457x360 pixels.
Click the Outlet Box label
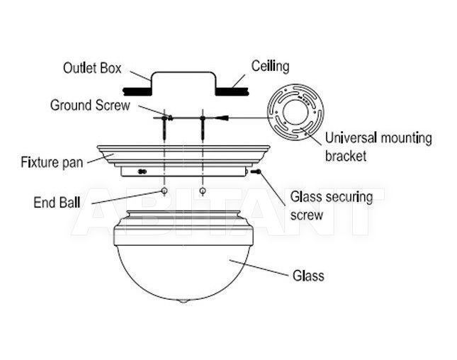pos(92,68)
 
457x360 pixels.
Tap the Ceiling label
pos(271,66)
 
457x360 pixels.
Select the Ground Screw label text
pos(90,105)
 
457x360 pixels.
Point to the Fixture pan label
pos(52,162)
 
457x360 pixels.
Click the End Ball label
pos(57,202)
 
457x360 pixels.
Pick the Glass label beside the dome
pos(308,276)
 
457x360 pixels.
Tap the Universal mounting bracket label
pos(378,147)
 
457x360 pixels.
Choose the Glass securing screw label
pos(332,206)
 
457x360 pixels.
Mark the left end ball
pos(164,191)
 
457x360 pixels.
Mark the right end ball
pos(203,191)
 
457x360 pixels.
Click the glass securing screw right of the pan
pos(256,171)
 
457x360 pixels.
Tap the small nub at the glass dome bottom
pos(183,301)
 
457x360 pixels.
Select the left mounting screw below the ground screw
pos(164,128)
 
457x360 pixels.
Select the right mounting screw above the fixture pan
pos(203,128)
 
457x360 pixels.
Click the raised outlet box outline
pos(184,72)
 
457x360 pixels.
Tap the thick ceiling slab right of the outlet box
pos(232,91)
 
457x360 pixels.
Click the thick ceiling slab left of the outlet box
pos(137,91)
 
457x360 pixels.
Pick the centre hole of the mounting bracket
pos(296,113)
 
